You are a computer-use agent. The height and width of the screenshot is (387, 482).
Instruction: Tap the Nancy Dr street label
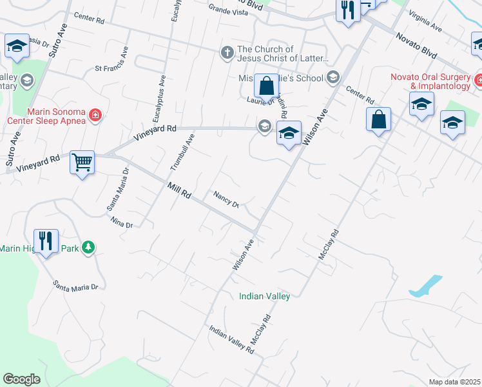click(x=227, y=199)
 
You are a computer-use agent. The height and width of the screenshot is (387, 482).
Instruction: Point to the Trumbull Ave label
click(x=182, y=152)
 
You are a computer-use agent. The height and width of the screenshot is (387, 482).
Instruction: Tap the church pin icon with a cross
click(x=227, y=53)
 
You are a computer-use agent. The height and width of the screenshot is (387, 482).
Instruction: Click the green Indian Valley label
click(x=264, y=296)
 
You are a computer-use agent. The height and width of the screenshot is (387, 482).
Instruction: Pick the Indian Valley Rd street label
click(x=231, y=339)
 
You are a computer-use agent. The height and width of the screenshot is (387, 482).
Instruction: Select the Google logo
click(x=21, y=379)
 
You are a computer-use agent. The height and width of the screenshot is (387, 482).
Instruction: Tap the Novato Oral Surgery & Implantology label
click(x=430, y=81)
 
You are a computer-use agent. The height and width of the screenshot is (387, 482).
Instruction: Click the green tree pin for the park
click(x=88, y=247)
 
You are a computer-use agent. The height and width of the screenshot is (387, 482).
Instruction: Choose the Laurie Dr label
click(x=261, y=101)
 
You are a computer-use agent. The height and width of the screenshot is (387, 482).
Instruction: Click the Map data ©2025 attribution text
click(x=454, y=382)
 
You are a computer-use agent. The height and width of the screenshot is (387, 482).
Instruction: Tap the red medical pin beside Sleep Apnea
click(x=95, y=115)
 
